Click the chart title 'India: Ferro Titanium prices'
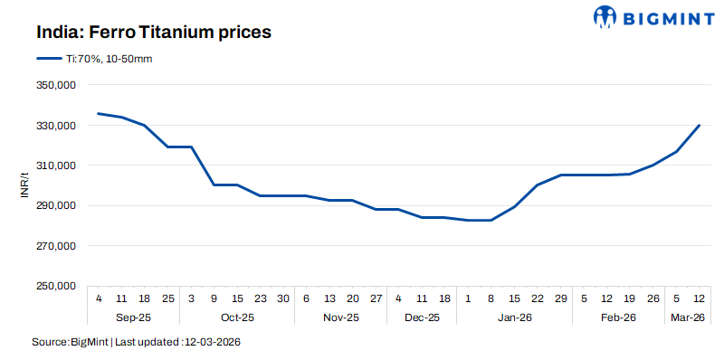155,32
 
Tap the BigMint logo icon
605,17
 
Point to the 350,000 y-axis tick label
57,85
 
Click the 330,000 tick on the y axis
57,126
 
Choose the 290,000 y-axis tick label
57,206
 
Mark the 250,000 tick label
57,287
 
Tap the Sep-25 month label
133,317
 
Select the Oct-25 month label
238,317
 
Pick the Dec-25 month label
422,317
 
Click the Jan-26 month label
514,317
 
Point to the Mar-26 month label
688,317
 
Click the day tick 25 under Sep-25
168,298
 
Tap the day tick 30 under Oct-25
283,298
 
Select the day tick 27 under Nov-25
376,298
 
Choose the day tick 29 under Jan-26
560,298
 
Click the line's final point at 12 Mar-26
700,126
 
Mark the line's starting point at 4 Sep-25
99,114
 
